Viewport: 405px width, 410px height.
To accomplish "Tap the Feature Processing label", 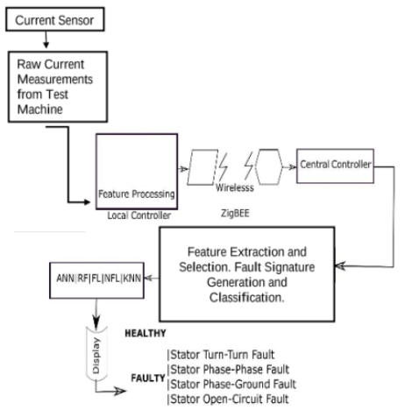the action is click(x=137, y=194).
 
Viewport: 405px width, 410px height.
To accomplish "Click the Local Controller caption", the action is click(x=139, y=216).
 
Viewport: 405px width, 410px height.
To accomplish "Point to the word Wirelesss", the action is click(x=235, y=187).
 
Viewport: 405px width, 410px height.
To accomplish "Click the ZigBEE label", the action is click(x=235, y=213).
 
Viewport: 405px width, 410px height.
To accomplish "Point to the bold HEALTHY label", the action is click(x=146, y=333).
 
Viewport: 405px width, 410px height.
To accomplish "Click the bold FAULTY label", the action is click(x=148, y=378).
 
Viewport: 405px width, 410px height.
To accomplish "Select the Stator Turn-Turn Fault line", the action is click(x=221, y=355).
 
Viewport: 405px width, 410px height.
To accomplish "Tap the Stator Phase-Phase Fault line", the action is click(x=228, y=370).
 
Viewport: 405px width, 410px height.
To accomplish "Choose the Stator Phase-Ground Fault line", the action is click(x=231, y=384).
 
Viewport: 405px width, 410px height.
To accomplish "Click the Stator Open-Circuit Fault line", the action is click(x=228, y=399).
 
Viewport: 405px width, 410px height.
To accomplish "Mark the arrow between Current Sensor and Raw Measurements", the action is click(x=46, y=39).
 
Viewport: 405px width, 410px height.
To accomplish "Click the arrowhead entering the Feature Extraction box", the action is click(x=340, y=266).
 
